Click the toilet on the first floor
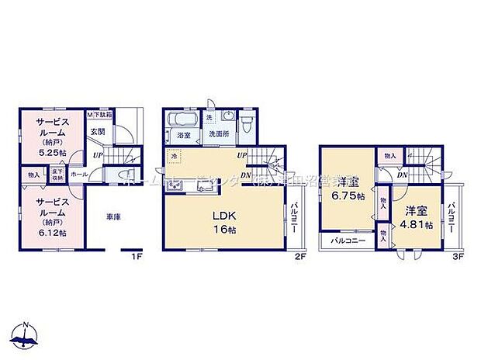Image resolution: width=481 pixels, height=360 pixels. (x=130, y=176)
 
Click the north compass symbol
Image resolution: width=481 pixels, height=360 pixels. (x=24, y=335)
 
